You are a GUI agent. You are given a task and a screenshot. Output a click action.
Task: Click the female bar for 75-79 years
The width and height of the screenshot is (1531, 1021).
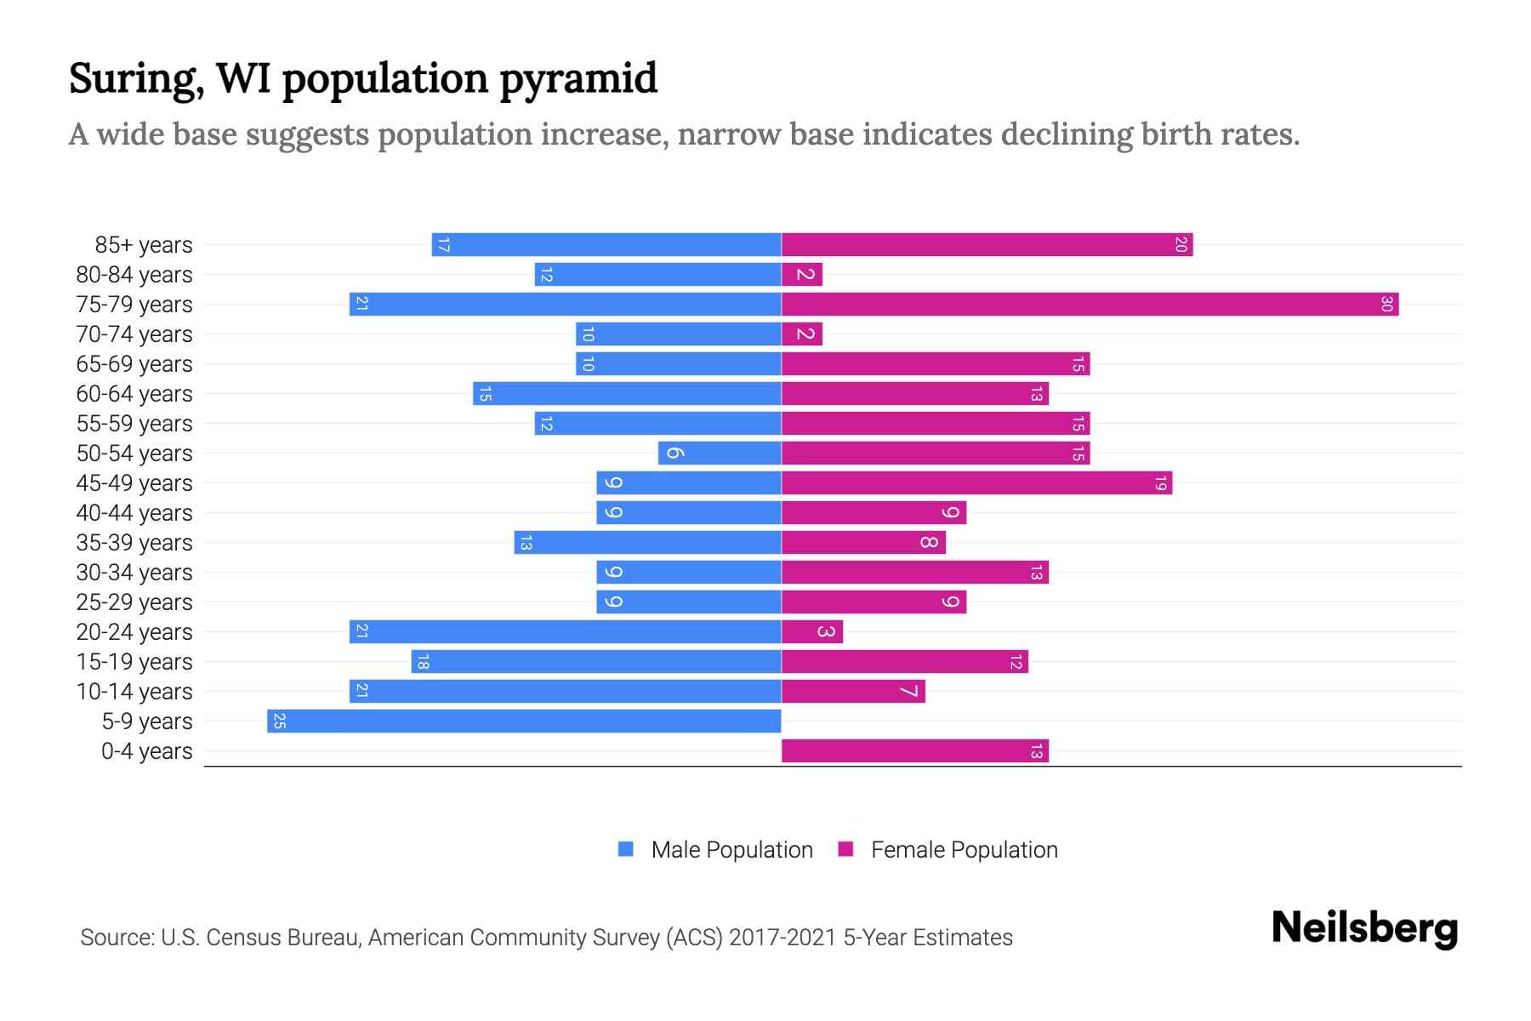tap(1089, 304)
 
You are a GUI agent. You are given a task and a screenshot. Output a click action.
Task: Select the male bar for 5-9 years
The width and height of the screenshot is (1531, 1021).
tap(524, 721)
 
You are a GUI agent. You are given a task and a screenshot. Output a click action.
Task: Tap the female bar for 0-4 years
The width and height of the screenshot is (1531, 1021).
tap(914, 750)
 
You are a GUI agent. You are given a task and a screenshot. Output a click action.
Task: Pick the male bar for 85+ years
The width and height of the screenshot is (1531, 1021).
tap(606, 244)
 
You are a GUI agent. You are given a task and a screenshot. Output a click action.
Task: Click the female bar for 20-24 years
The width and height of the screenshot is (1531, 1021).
tap(811, 631)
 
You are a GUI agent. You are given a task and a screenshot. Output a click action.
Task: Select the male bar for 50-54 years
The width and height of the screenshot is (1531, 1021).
tap(720, 453)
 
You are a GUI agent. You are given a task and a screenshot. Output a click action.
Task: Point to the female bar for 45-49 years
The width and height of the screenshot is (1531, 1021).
tap(976, 482)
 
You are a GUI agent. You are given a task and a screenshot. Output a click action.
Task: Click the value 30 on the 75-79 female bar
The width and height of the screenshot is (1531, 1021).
tap(1386, 304)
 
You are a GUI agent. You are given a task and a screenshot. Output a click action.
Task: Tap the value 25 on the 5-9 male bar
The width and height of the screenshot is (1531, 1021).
tap(279, 722)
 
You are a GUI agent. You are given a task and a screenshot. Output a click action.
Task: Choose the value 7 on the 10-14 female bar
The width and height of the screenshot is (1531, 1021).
tap(909, 691)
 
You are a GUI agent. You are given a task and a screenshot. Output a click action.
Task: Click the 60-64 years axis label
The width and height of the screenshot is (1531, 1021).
tap(134, 394)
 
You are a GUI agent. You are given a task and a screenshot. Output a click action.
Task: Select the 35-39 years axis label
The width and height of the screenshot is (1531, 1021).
tap(134, 543)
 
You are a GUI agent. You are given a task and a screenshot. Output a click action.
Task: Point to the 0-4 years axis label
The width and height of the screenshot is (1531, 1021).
tap(146, 751)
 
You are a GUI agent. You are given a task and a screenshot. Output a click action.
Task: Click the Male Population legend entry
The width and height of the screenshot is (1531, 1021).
tap(731, 849)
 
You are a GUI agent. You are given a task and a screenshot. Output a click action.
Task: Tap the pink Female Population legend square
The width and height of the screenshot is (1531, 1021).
tap(845, 849)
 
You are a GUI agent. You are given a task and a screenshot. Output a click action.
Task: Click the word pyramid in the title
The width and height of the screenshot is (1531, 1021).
tap(578, 79)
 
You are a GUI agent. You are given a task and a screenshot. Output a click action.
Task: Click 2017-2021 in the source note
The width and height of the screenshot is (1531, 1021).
tap(783, 938)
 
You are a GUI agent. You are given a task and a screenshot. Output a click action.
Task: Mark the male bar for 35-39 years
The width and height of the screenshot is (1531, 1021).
tap(647, 542)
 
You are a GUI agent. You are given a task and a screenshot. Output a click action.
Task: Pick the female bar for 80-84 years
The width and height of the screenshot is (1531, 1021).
tap(801, 274)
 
